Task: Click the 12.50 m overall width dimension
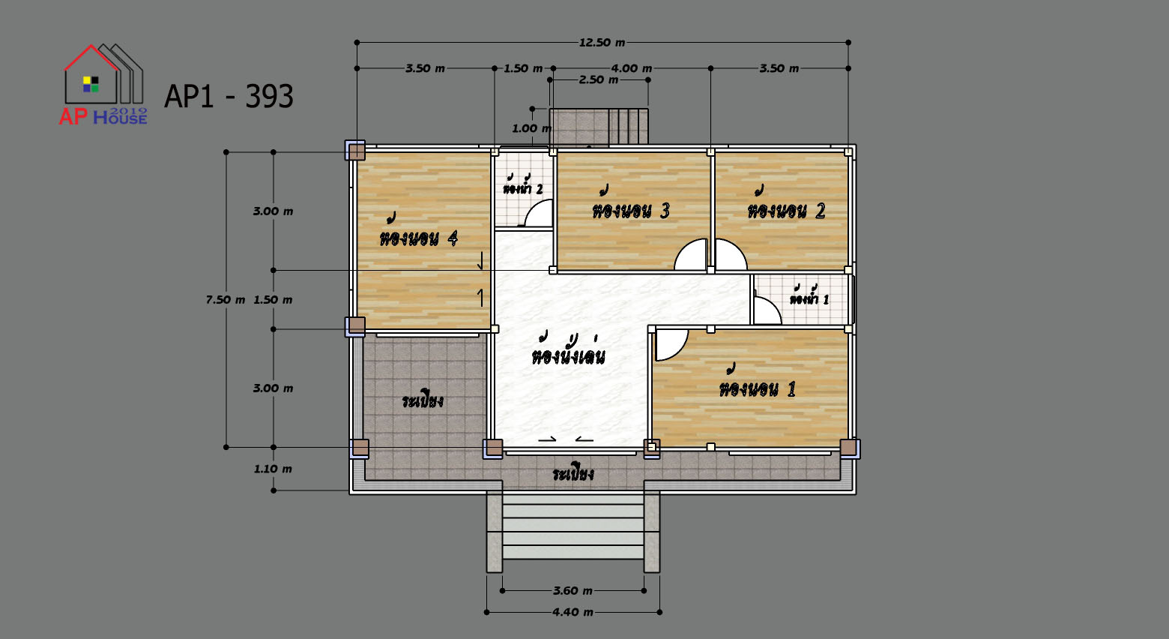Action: click(x=602, y=42)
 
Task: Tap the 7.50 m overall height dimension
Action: click(x=225, y=300)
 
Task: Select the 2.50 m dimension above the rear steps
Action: click(x=599, y=80)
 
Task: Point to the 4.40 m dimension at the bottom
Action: click(x=573, y=612)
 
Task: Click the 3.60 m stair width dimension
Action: click(x=573, y=591)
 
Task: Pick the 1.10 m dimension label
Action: click(x=273, y=469)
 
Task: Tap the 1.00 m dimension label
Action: click(x=531, y=128)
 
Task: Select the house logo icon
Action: click(x=103, y=84)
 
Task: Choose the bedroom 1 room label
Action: click(x=758, y=383)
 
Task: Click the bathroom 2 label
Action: click(x=523, y=185)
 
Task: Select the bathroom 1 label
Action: click(x=809, y=296)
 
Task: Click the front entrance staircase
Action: click(x=573, y=531)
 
